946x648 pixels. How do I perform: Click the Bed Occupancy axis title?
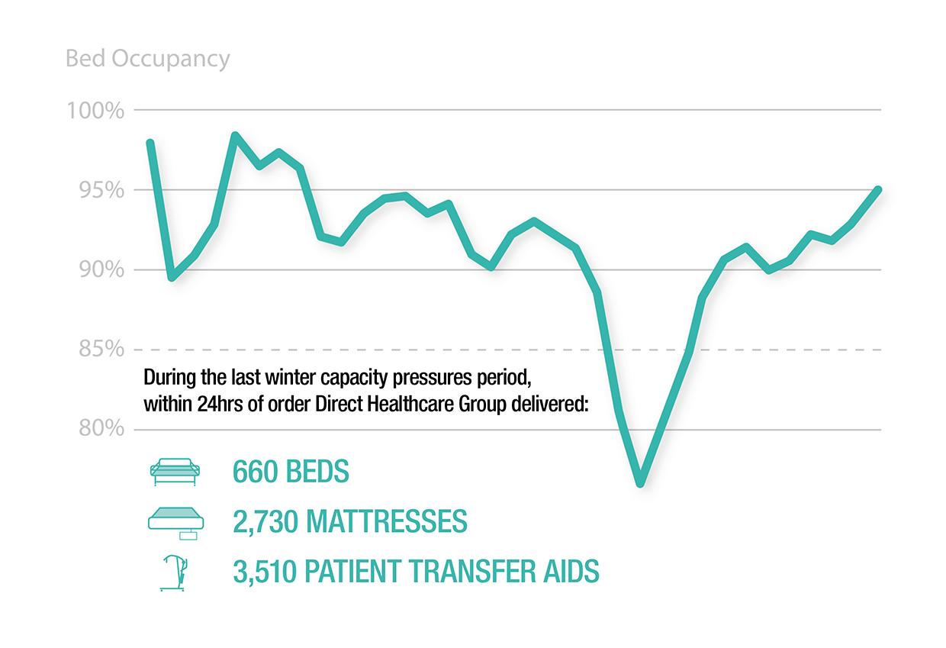[x=147, y=59]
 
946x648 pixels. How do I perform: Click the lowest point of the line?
[x=640, y=482]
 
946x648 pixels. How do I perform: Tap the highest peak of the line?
[x=235, y=136]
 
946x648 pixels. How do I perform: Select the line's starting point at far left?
[x=150, y=143]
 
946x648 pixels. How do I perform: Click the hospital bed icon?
[x=175, y=472]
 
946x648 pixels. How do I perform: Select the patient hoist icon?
[x=175, y=572]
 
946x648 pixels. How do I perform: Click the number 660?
[x=256, y=472]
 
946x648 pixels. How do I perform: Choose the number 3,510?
[x=265, y=572]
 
